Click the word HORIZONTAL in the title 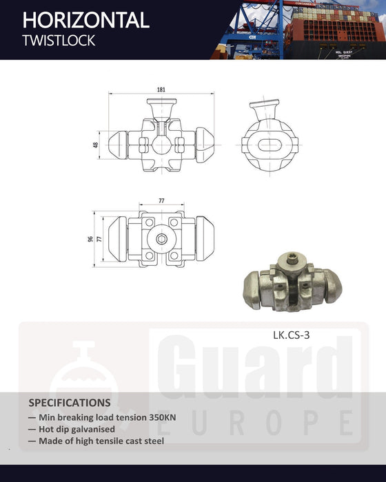85,20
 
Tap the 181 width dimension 161,90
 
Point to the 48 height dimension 96,145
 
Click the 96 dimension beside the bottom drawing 90,239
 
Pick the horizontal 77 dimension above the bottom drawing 161,200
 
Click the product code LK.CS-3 291,337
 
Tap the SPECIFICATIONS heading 69,402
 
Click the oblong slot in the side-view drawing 268,146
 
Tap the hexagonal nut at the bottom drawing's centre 161,238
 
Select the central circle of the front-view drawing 161,145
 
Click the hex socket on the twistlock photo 293,260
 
